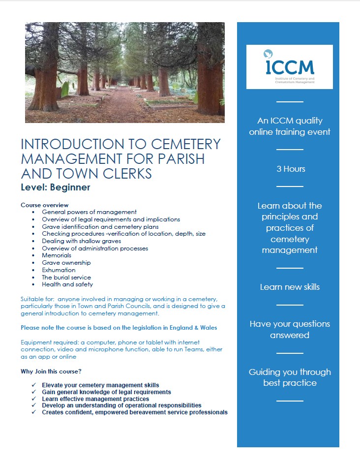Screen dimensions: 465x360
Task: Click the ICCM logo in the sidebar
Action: click(289, 66)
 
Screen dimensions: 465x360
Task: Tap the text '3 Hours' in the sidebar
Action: click(291, 169)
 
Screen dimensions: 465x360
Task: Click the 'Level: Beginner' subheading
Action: click(55, 187)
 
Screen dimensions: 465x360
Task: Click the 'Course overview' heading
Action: click(44, 205)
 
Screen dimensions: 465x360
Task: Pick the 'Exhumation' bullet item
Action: click(59, 270)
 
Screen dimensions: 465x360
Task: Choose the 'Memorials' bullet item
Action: click(57, 255)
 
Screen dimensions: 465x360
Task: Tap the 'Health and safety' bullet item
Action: click(67, 284)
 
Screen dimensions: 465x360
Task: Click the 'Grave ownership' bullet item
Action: click(66, 263)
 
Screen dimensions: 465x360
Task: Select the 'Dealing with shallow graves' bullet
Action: click(81, 241)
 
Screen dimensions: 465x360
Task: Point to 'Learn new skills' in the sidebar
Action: click(290, 287)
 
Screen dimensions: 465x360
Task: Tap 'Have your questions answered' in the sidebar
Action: click(290, 329)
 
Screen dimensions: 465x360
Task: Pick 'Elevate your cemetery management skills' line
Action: click(100, 385)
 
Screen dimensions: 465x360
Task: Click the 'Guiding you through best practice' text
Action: click(290, 377)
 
